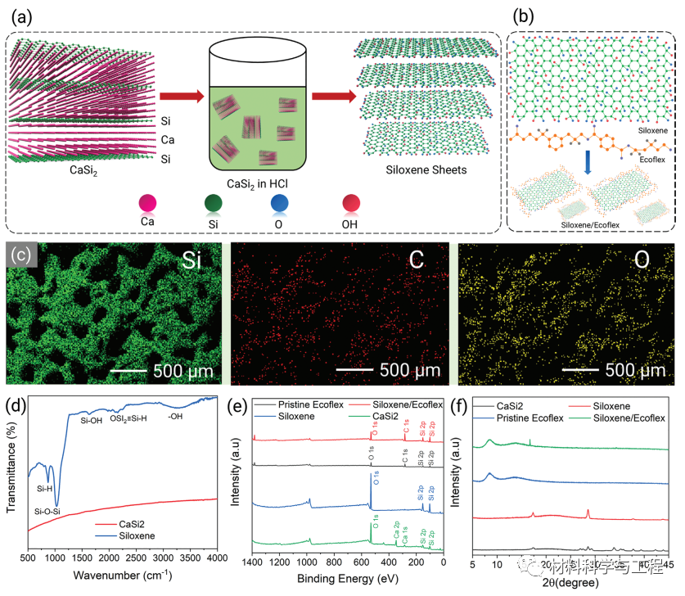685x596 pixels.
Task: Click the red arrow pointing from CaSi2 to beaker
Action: tap(180, 97)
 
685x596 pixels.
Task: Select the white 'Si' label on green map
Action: tap(194, 263)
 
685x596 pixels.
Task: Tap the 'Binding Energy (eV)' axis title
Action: tap(347, 578)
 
